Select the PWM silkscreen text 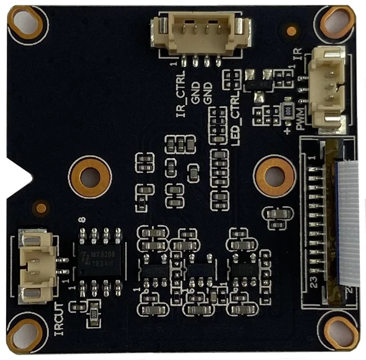pyautogui.click(x=300, y=119)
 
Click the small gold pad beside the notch pyautogui.click(x=40, y=208)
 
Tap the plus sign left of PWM pyautogui.click(x=287, y=129)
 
